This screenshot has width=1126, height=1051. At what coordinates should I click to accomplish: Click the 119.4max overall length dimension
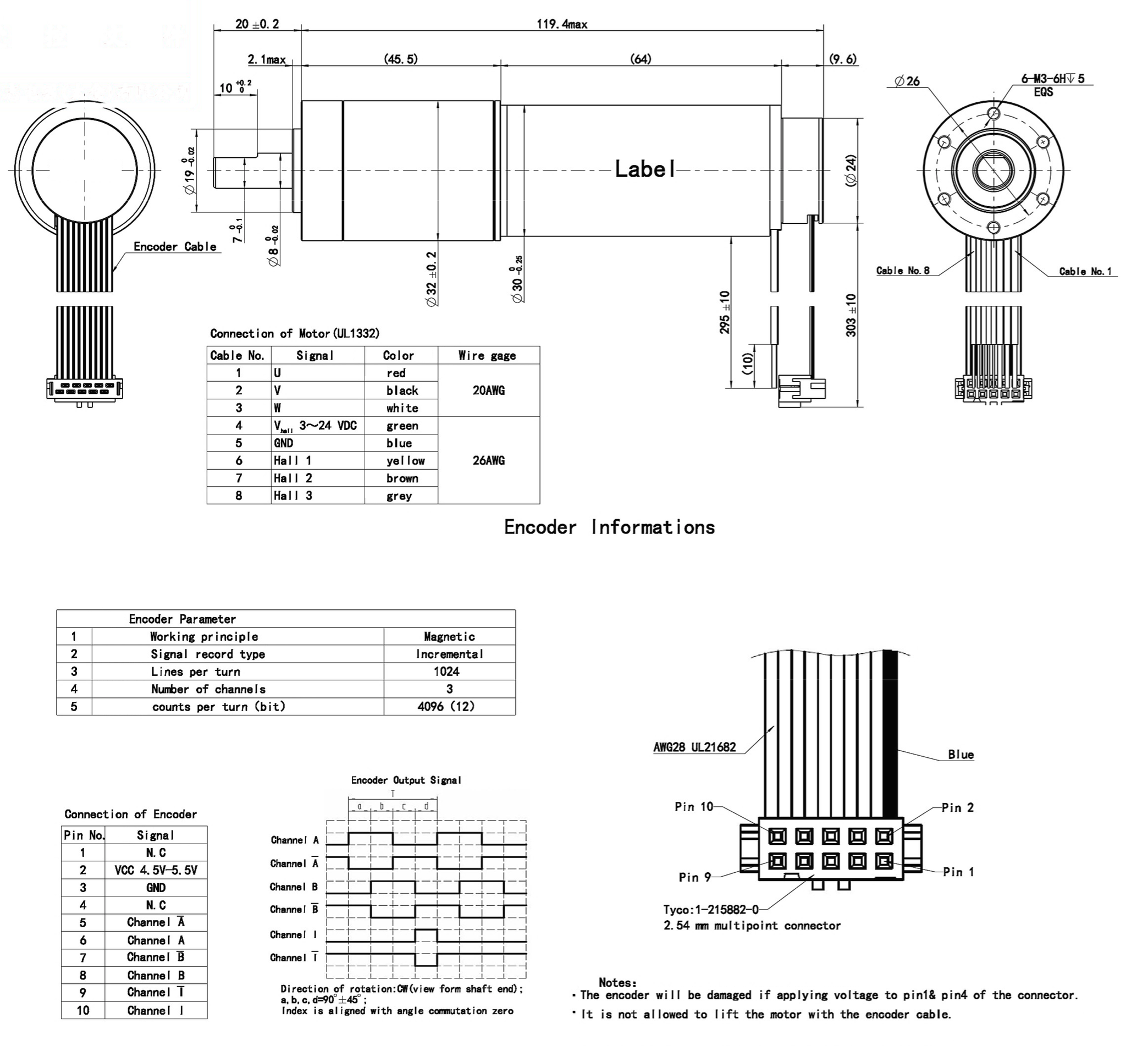561,24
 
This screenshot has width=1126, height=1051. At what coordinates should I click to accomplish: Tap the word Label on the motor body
645,169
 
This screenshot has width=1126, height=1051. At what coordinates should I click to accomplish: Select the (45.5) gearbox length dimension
400,59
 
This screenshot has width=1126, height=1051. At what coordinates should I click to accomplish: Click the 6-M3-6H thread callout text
1052,79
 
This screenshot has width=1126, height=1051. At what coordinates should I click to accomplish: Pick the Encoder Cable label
174,246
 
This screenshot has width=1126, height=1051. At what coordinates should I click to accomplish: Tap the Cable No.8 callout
903,270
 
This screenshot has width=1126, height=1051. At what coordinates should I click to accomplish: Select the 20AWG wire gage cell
488,390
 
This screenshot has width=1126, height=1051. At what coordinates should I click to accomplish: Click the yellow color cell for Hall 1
405,461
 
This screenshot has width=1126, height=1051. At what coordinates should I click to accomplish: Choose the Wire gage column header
487,355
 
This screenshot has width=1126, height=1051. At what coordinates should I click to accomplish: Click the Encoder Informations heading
609,527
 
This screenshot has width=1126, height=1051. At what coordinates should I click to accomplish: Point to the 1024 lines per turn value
446,672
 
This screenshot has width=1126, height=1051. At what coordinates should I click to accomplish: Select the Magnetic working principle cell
449,636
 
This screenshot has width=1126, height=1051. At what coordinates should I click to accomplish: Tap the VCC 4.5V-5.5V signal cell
156,870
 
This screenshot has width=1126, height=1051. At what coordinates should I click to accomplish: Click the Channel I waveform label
294,934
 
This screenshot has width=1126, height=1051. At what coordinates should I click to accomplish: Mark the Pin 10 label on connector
694,807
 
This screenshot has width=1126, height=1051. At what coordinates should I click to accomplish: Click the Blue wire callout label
961,755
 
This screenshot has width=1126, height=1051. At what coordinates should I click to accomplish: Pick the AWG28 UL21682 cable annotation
694,747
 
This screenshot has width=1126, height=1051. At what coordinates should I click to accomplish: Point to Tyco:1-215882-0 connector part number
711,910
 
